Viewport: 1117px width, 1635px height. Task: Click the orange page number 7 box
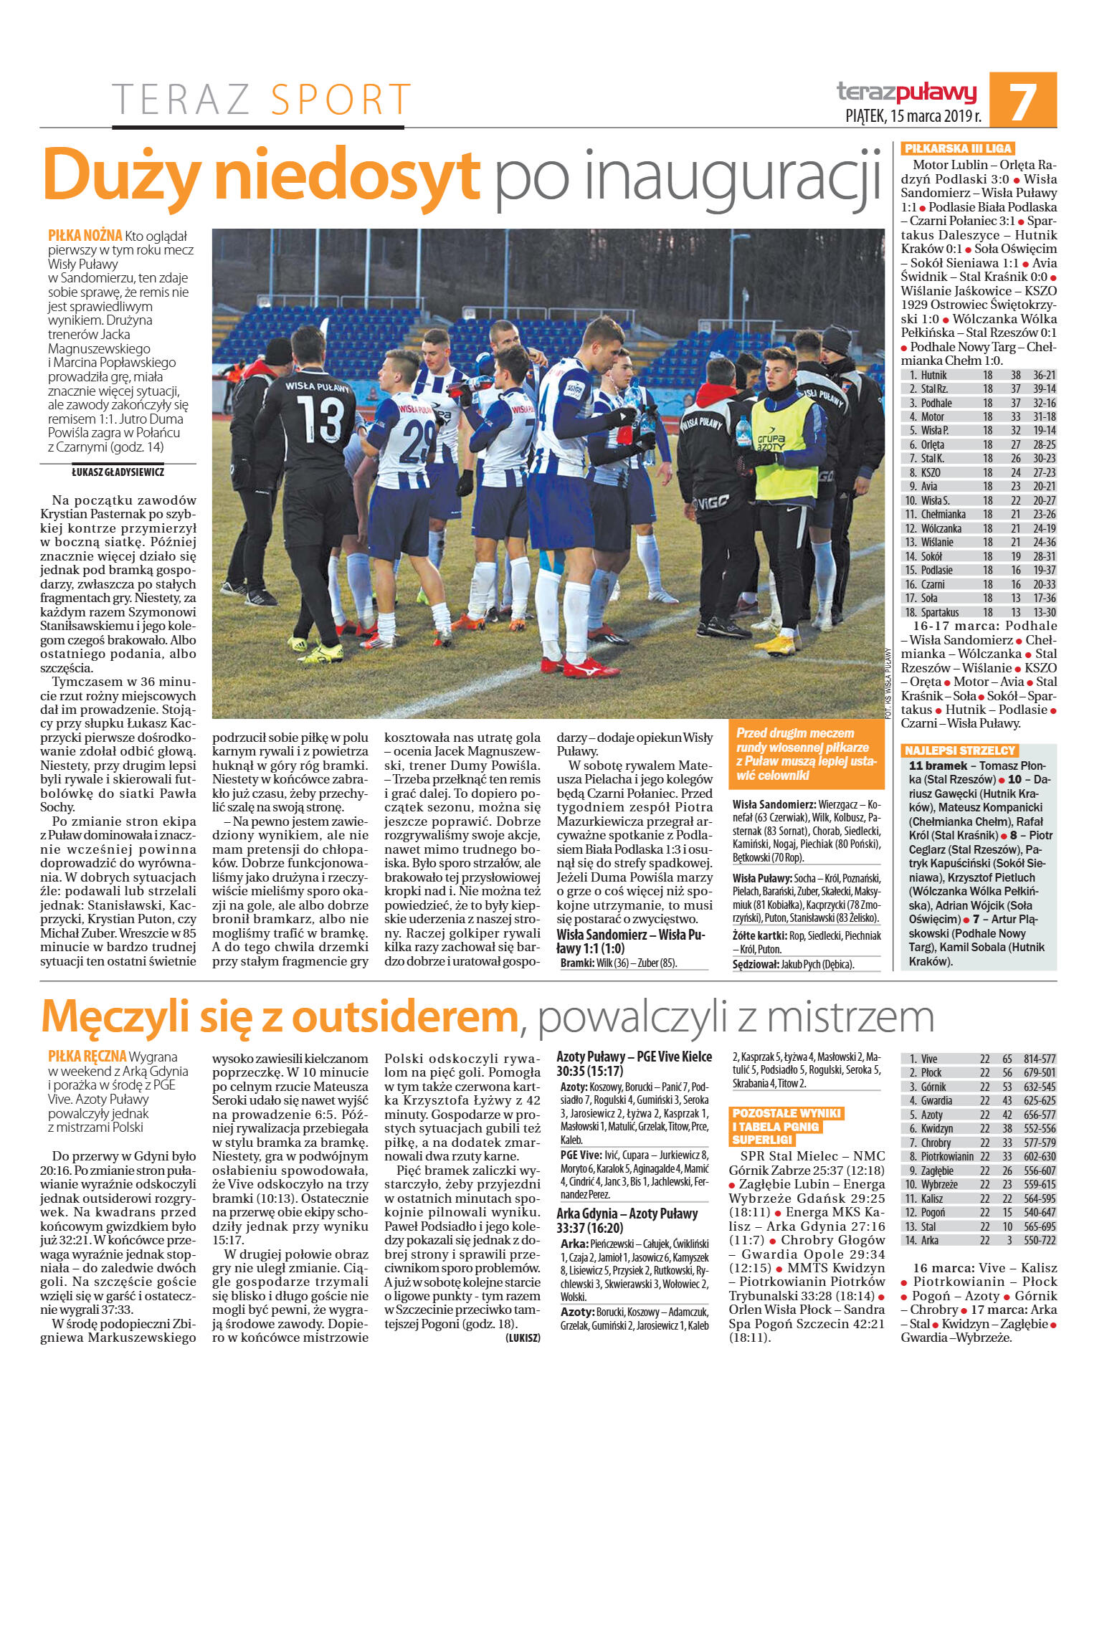[x=1022, y=100]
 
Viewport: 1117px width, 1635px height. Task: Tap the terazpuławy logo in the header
[x=906, y=92]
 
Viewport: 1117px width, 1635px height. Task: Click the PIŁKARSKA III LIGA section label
[x=957, y=148]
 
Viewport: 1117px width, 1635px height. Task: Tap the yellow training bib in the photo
[x=773, y=449]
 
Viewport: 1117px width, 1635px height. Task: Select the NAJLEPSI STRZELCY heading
[x=959, y=750]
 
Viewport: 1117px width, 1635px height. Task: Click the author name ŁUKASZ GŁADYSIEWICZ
[x=118, y=472]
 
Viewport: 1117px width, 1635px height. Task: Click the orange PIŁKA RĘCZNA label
[x=87, y=1057]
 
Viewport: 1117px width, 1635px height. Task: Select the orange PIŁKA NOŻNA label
[x=85, y=235]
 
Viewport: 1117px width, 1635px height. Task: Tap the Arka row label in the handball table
[x=929, y=1240]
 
